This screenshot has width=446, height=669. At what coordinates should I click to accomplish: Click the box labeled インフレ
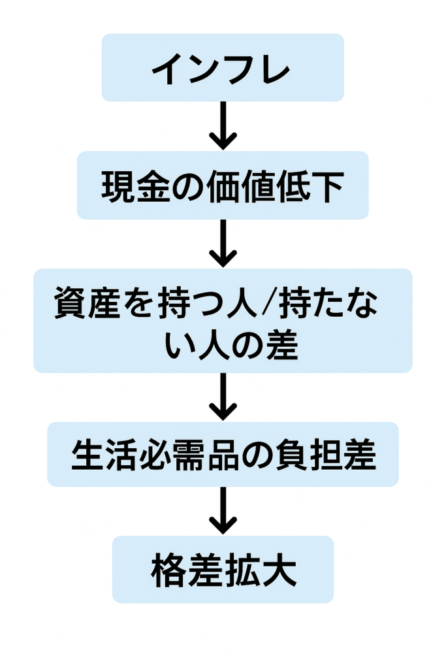[x=223, y=67]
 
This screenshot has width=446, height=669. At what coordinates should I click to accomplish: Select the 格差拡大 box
[x=223, y=569]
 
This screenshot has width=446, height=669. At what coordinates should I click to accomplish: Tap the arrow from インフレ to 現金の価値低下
[x=223, y=125]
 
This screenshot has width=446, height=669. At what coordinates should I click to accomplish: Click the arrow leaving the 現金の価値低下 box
[x=223, y=243]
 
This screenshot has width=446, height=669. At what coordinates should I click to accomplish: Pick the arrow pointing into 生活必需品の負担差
[x=223, y=397]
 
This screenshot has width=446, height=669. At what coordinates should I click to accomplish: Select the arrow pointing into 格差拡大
[x=223, y=511]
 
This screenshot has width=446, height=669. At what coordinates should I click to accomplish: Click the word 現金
[x=131, y=187]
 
